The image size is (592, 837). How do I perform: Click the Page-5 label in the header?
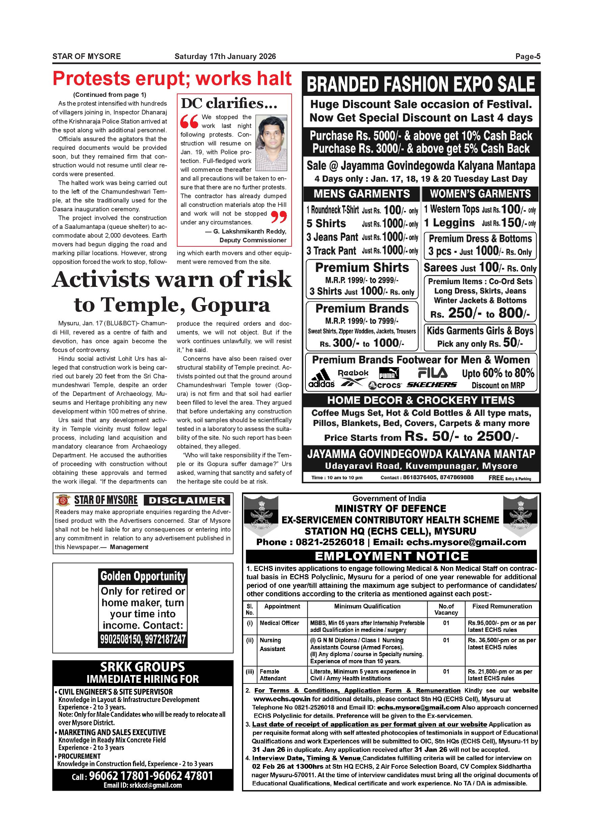pos(528,56)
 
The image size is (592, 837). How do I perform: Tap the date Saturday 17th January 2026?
pos(225,56)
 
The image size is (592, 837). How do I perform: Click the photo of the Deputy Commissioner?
pos(271,143)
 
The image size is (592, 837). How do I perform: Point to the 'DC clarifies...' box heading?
pos(229,104)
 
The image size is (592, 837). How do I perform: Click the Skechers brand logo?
pos(432,385)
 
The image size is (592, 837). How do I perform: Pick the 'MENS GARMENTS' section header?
pos(361,194)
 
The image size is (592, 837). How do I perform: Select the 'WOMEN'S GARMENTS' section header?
pos(480,194)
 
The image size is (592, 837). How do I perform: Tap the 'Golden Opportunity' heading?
pos(143,576)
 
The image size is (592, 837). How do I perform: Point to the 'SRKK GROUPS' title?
pos(142,667)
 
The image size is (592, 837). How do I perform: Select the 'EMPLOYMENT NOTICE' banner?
pos(392,556)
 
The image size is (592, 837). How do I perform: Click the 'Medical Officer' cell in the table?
pos(279,623)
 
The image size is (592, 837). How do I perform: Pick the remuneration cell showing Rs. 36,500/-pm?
pos(502,644)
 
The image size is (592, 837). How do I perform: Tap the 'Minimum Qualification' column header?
pos(367,606)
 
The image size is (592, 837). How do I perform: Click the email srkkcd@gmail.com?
pos(142,786)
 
